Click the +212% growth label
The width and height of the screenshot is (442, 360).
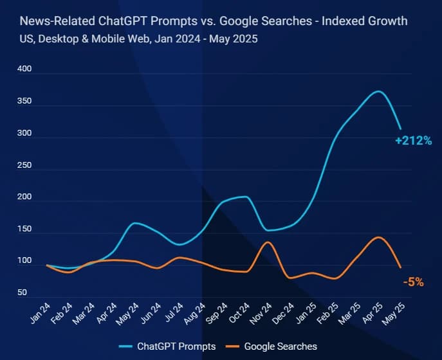tap(413, 141)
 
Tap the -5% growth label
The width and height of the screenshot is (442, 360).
tap(413, 282)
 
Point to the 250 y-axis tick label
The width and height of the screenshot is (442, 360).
tap(24, 165)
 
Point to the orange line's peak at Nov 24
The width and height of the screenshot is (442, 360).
tap(268, 242)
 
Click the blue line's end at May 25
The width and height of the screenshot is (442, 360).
tap(400, 129)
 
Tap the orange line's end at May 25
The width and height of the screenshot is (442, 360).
tap(400, 267)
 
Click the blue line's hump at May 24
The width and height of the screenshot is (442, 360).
tap(134, 223)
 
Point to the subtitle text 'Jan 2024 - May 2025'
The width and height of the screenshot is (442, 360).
tap(207, 39)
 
